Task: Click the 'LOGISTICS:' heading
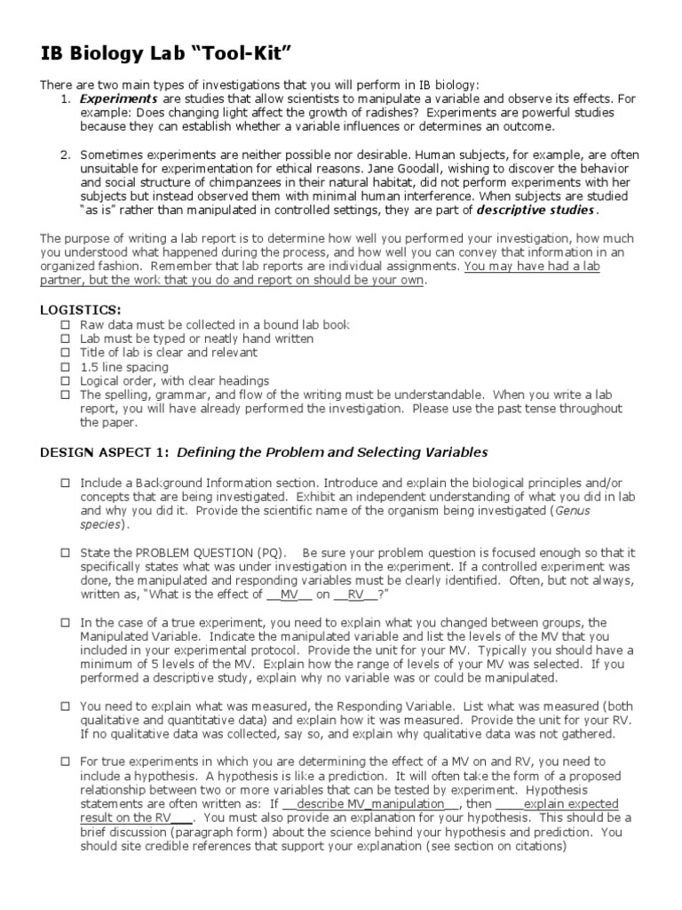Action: tap(81, 309)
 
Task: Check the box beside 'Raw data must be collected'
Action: tap(65, 324)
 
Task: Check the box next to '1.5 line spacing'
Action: tap(65, 366)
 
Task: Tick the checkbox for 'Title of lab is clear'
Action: tap(65, 353)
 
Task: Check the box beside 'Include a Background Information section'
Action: tap(65, 483)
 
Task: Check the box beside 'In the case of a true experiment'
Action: tap(65, 623)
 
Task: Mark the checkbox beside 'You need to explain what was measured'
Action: tap(65, 706)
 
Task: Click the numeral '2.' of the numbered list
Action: tap(66, 155)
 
